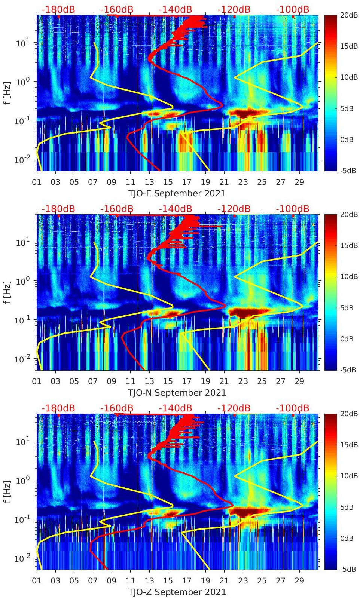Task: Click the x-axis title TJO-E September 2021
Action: tap(177, 193)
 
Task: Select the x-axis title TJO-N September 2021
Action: tap(177, 393)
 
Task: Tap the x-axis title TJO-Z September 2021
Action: tap(177, 592)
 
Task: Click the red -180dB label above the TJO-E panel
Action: tap(58, 9)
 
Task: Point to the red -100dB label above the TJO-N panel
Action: tap(292, 209)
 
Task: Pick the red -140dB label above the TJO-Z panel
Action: tap(175, 408)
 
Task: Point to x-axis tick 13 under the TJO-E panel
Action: tap(149, 182)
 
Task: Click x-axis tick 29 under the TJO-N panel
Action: tap(299, 381)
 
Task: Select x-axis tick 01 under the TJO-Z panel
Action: tap(37, 581)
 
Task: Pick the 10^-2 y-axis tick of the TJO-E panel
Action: tap(22, 160)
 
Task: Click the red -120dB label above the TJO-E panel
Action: tap(234, 9)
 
